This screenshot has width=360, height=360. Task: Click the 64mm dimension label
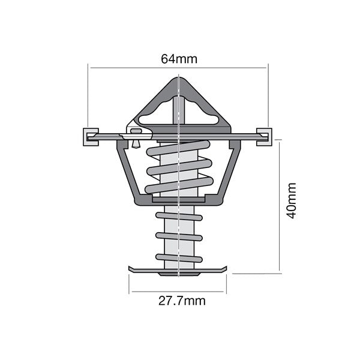pos(179,59)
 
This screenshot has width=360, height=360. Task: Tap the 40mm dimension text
pos(291,200)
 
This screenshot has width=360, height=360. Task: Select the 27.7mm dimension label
pos(181,301)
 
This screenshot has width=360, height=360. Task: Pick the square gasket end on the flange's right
pos(264,137)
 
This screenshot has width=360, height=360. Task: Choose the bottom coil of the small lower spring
pos(179,258)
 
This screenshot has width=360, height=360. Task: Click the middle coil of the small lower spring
pos(179,236)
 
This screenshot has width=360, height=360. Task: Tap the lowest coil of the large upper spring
pos(179,184)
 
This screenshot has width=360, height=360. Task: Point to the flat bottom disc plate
pos(178,268)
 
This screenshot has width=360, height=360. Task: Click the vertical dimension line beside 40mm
pos(280,204)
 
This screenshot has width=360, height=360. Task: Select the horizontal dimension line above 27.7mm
pos(178,292)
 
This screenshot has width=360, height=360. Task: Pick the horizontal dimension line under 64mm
pos(178,67)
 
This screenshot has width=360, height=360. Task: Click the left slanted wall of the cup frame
pos(127,171)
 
